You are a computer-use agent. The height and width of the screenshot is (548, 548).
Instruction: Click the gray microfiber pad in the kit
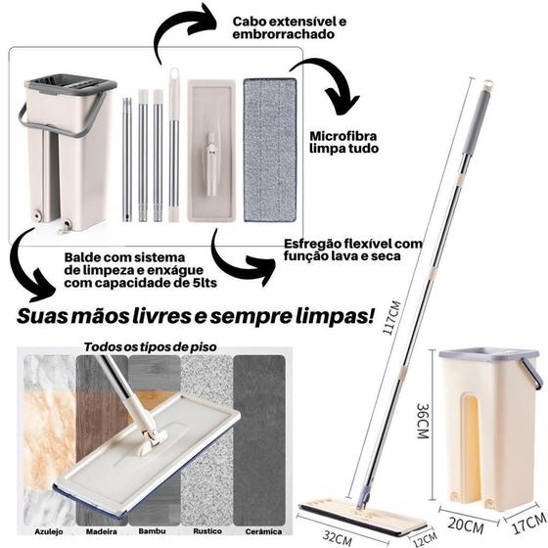269,150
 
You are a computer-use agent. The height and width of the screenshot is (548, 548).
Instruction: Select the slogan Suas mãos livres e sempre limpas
195,317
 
